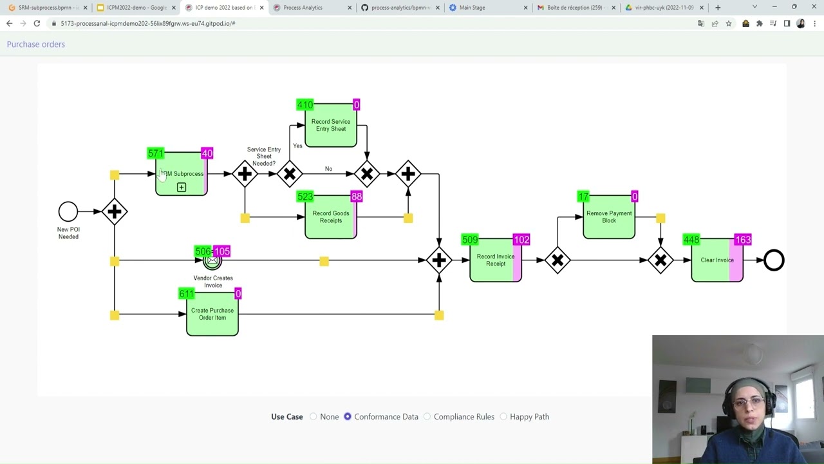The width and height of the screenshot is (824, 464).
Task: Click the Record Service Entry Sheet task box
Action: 330,126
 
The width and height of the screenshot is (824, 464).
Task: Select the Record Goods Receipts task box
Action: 330,217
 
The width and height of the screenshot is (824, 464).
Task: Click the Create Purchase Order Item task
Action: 212,314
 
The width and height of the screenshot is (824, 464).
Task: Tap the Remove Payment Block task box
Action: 608,217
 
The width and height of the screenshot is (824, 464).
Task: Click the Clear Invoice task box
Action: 716,260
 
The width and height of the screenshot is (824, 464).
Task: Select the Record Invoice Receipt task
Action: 495,260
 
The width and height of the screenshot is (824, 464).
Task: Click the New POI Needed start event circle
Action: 68,211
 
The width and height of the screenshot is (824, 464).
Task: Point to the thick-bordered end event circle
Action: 774,260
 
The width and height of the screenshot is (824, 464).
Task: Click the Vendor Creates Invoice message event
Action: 212,261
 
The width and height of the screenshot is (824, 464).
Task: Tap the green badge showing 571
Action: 155,153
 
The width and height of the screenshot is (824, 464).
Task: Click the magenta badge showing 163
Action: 742,240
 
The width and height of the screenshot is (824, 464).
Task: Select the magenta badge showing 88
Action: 356,197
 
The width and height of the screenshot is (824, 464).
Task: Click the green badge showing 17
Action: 583,197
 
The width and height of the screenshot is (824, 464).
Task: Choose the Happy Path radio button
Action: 503,417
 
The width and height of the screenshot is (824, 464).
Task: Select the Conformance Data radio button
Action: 348,417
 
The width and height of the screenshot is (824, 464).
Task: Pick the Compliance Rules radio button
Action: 427,417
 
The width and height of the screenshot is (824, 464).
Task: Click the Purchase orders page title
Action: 36,44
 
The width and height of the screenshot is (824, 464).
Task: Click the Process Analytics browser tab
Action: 303,8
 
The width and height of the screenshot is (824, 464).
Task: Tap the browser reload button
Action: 37,23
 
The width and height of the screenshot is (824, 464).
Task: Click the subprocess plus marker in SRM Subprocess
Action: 182,188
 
